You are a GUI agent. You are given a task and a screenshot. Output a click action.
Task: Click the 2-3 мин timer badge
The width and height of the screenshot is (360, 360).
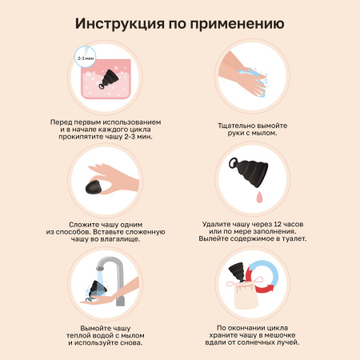[x=83, y=59]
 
